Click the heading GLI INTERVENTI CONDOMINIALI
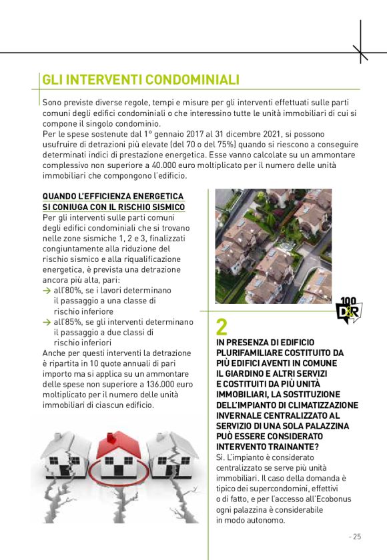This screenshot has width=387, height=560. pos(140,80)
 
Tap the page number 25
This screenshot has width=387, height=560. pos(355,536)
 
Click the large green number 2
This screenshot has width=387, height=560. pos(222,327)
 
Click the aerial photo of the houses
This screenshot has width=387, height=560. pos(273,246)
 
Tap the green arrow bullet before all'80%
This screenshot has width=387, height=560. pos(46,291)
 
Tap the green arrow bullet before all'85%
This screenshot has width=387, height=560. pos(46,322)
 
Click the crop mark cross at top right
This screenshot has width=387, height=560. pos(360,52)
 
